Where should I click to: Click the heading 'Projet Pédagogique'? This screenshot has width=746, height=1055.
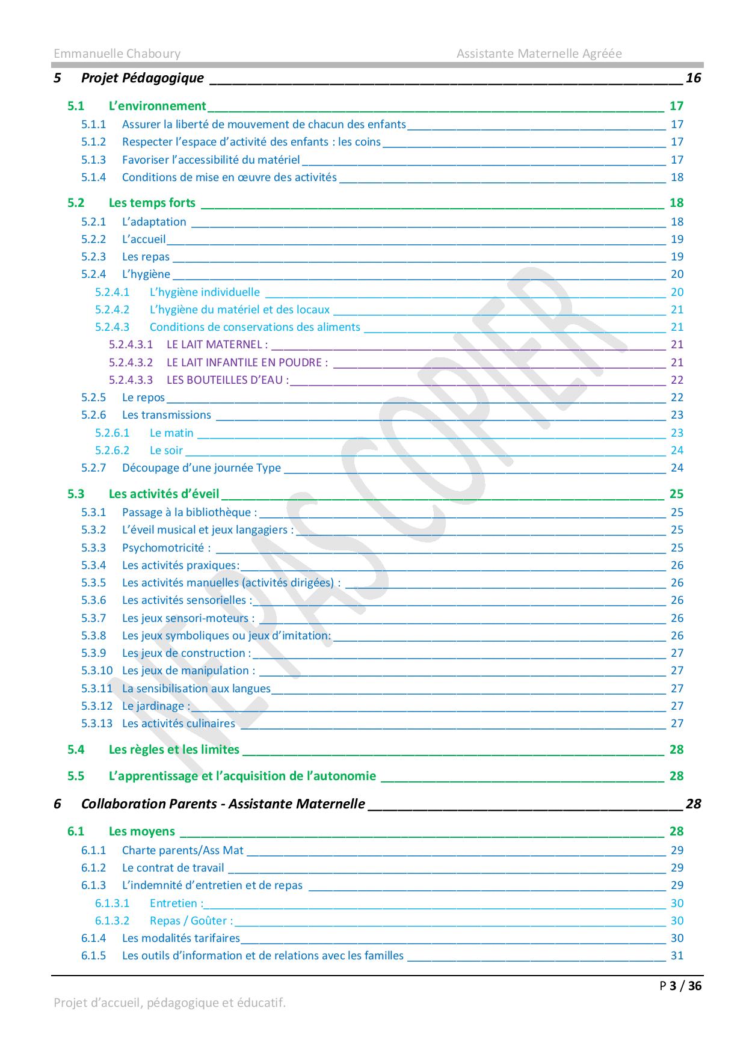coord(142,78)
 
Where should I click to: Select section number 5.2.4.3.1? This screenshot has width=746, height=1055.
coord(131,345)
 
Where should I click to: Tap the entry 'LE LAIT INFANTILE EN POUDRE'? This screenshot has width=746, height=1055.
coord(247,362)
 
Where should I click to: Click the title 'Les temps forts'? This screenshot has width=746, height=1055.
coord(152,203)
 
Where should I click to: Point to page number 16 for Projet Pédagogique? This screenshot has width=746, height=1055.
coord(693,78)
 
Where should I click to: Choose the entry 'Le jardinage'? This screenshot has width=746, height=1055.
coord(155,706)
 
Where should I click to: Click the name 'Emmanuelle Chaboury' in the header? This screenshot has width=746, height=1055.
coord(117,54)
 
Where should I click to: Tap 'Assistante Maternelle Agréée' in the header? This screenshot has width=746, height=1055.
coord(538,54)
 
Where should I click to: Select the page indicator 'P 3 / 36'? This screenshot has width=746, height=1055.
coord(680,985)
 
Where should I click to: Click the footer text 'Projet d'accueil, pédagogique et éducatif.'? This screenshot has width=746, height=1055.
coord(170,1003)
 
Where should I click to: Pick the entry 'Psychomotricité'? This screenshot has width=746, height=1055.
coord(166,547)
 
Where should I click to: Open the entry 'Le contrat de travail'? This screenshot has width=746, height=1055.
coord(173,867)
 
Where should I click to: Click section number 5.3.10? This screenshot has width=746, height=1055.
coord(97,670)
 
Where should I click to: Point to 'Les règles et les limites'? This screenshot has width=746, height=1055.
coord(174,749)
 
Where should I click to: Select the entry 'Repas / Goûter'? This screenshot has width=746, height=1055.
coord(191,920)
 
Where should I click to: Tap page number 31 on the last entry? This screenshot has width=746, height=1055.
coord(677,955)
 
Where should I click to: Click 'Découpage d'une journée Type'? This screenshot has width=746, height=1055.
coord(201,467)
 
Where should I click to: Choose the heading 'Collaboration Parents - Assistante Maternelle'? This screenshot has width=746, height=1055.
coord(223,804)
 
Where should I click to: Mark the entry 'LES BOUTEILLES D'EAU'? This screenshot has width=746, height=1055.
coord(227,380)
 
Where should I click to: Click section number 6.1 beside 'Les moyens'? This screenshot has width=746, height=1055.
coord(76,831)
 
